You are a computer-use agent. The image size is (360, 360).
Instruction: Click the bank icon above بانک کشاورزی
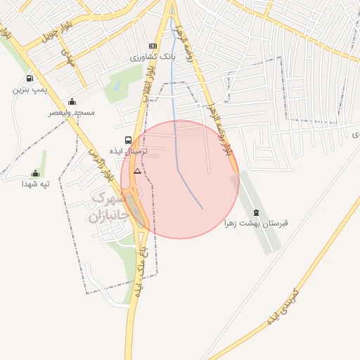point(153,46)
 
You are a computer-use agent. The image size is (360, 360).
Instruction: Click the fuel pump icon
point(30,79)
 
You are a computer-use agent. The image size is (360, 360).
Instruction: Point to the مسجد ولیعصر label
point(72,112)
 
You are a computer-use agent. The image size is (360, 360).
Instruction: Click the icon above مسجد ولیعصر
point(72,102)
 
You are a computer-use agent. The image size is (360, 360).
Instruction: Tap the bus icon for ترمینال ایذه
point(128,140)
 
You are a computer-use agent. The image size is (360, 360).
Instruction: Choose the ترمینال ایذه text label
point(127,150)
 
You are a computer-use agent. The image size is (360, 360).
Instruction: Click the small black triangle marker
point(137,171)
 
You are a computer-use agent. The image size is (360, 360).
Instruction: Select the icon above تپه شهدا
point(35,173)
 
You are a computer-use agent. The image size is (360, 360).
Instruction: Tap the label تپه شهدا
point(35,184)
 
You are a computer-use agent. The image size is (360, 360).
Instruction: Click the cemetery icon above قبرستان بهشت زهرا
point(256,212)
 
